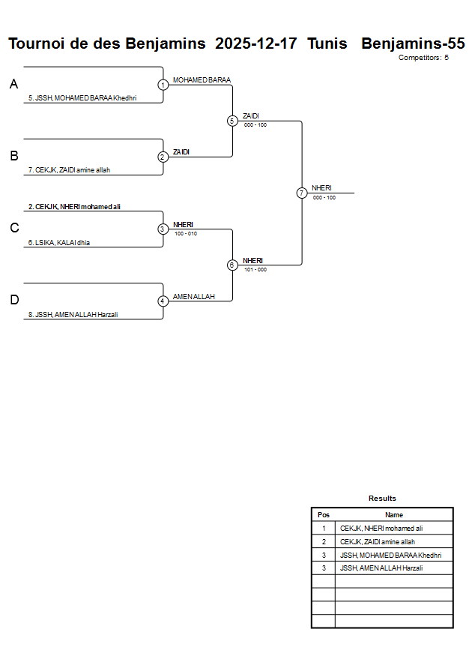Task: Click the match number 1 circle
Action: coord(163,85)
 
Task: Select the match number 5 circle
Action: coord(232,121)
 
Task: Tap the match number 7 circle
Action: coord(301,193)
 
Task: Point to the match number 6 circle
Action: coord(232,265)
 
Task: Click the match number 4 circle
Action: coord(163,301)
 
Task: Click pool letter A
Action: coord(13,85)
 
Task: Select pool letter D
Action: coord(13,300)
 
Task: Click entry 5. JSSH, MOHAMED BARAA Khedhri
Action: coord(82,98)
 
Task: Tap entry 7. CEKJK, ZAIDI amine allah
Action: coord(69,170)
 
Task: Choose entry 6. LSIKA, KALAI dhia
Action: coord(59,242)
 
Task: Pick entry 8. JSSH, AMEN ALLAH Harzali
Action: coord(73,315)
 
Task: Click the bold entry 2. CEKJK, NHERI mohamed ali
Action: coord(74,206)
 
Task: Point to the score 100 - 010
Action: coord(185,233)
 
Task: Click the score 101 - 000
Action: coord(255,269)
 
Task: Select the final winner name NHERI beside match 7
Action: coord(321,188)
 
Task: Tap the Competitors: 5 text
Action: coord(423,57)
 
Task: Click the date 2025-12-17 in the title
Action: coord(255,43)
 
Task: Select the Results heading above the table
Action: coord(382,499)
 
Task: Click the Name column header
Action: coord(393,515)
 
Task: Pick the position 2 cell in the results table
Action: coord(324,541)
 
